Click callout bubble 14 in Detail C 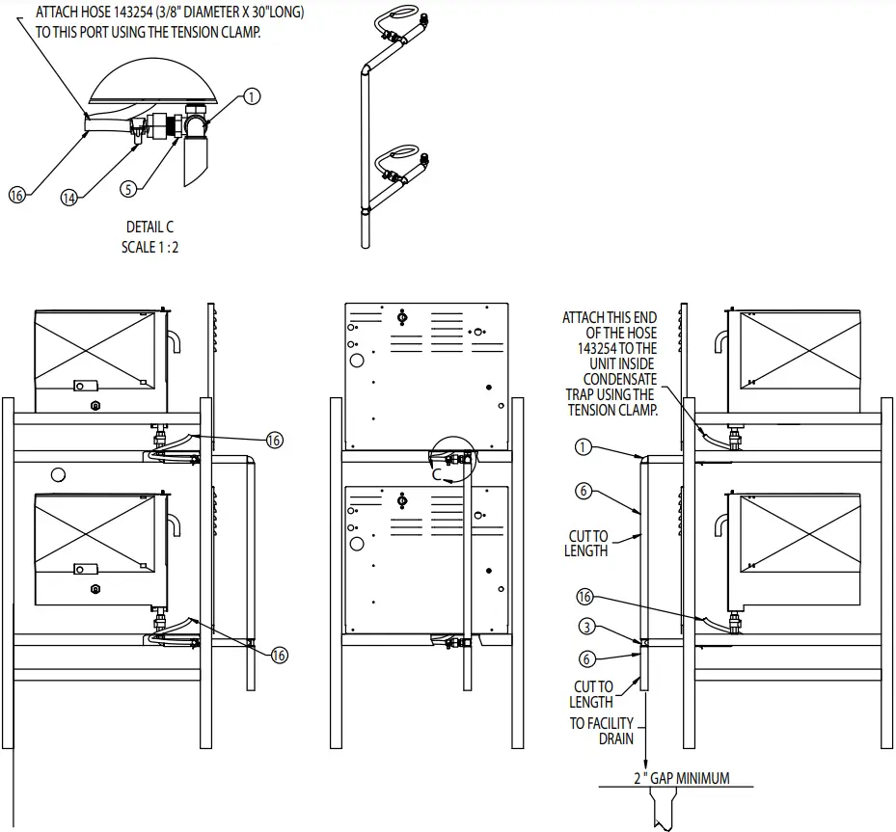[x=68, y=197]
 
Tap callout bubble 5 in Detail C [x=128, y=189]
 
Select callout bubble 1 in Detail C [x=252, y=95]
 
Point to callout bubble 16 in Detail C [x=16, y=195]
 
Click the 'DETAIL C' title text [x=149, y=228]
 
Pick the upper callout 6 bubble [x=583, y=491]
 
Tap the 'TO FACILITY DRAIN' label [x=603, y=731]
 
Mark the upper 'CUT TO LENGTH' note [x=587, y=544]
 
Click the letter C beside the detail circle [x=437, y=475]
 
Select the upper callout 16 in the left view [x=274, y=440]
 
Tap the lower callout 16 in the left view [x=279, y=655]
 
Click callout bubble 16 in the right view [x=584, y=597]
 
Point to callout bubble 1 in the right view [x=583, y=447]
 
